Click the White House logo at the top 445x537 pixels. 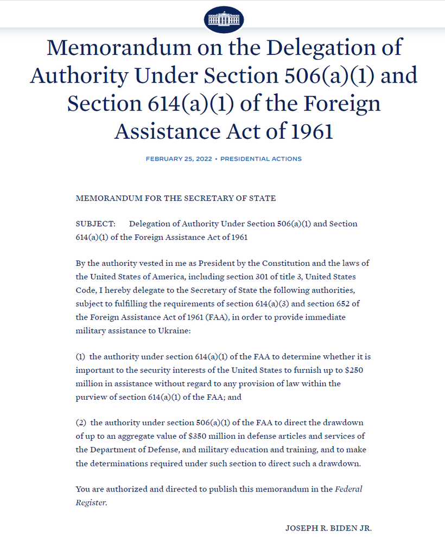coord(224,20)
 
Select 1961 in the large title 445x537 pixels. coord(307,131)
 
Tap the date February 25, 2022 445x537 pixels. coord(179,159)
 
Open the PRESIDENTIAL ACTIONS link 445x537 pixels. coord(261,159)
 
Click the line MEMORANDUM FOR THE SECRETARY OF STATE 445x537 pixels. coord(176,198)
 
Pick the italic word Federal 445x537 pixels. coord(348,489)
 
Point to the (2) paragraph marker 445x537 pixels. coord(80,423)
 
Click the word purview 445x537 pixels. coord(90,397)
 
